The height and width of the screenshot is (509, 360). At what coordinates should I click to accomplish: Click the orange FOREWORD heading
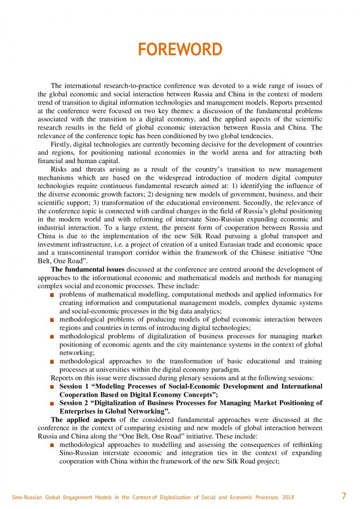pos(180,49)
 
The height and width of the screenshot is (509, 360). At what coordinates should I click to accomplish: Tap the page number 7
pos(344,496)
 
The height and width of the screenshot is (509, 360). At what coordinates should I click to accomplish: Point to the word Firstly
pos(62,144)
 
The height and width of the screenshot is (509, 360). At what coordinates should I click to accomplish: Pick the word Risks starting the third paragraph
pos(59,169)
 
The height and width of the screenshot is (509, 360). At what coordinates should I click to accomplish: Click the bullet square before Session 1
pos(53,387)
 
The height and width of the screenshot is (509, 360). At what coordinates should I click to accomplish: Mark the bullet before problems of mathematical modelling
pos(53,295)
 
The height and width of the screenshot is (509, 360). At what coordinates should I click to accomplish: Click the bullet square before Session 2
pos(53,403)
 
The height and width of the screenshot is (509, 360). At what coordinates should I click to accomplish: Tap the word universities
pos(114,369)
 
